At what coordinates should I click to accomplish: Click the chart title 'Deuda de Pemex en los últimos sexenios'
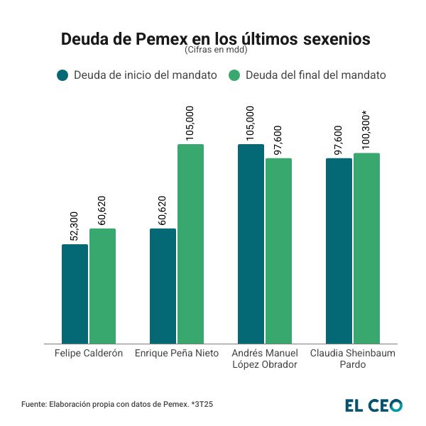[x=215, y=39]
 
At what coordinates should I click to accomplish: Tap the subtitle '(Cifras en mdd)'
[x=215, y=51]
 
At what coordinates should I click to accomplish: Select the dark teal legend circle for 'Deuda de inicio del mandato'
[x=62, y=75]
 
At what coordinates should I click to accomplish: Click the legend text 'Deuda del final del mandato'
[x=315, y=75]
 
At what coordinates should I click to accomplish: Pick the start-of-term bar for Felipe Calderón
[x=75, y=294]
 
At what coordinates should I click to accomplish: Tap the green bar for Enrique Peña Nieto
[x=190, y=244]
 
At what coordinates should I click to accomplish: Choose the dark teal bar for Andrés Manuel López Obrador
[x=251, y=244]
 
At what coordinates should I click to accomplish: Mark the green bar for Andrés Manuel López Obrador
[x=278, y=251]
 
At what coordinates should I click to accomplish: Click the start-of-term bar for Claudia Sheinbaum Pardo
[x=339, y=251]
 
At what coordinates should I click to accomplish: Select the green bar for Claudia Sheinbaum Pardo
[x=366, y=248]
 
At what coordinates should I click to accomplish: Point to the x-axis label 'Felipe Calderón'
[x=89, y=353]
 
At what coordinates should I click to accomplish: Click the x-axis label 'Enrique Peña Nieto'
[x=177, y=353]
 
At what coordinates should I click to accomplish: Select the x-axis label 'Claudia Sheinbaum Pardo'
[x=353, y=359]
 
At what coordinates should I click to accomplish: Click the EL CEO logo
[x=373, y=405]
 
